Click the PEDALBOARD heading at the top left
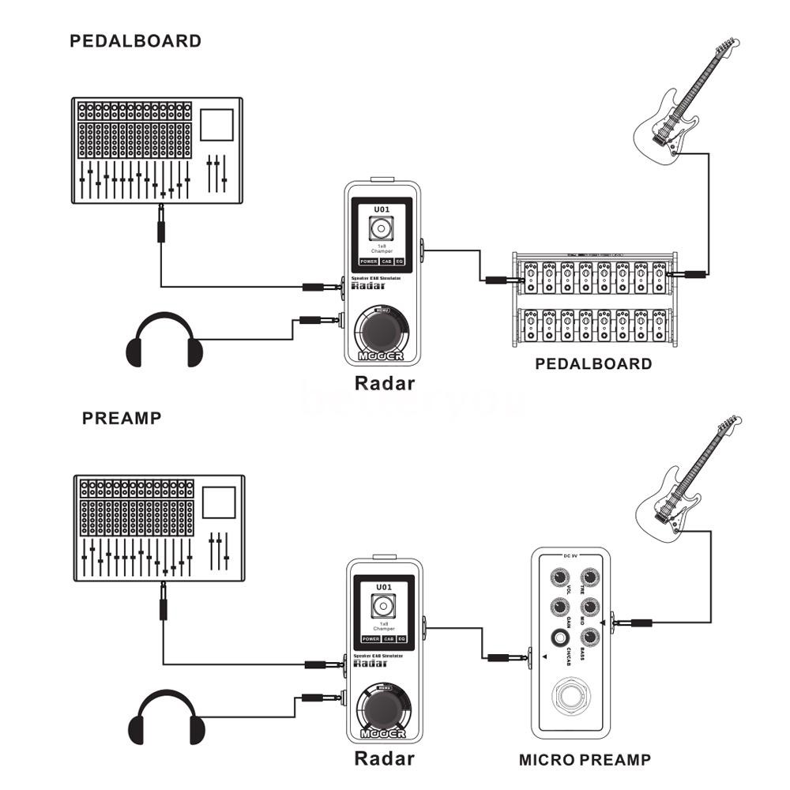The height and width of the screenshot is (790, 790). (x=135, y=41)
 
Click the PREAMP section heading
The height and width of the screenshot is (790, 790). (x=122, y=418)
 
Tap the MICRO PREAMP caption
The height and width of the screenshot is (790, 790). (x=585, y=760)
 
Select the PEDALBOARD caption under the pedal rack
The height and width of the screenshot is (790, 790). (x=593, y=364)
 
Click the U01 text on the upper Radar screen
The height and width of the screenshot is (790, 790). (x=383, y=209)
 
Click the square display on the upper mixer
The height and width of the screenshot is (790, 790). (x=216, y=126)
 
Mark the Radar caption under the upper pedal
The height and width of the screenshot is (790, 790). (x=384, y=384)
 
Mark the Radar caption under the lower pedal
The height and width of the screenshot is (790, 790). (x=384, y=759)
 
